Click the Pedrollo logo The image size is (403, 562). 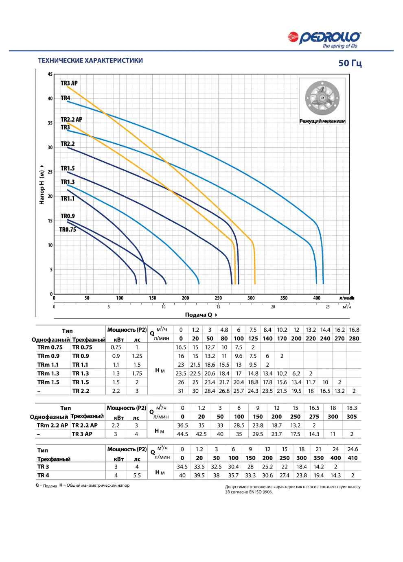click(324, 39)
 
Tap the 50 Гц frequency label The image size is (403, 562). click(350, 63)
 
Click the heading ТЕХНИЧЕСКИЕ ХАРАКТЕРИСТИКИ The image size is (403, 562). click(90, 61)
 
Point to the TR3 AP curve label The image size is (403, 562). click(69, 83)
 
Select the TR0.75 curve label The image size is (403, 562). click(68, 229)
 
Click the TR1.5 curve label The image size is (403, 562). click(68, 168)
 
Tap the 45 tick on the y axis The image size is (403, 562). click(50, 74)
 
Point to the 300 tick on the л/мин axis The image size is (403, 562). click(251, 298)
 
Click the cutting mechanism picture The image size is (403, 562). click(322, 98)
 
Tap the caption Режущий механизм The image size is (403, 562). click(322, 121)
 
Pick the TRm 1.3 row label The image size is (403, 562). click(48, 373)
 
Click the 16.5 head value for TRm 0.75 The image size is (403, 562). click(181, 347)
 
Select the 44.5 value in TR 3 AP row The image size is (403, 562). click(182, 434)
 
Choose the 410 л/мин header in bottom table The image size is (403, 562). click(353, 458)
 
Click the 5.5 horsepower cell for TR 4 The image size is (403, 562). click(137, 475)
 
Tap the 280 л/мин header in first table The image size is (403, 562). click(354, 339)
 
